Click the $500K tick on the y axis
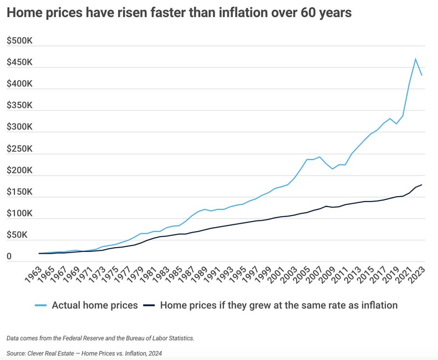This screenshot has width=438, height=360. click(19, 41)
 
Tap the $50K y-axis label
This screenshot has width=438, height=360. click(17, 235)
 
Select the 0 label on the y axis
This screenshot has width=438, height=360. click(9, 256)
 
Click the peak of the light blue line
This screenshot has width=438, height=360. click(415, 58)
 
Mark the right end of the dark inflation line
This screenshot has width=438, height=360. click(422, 184)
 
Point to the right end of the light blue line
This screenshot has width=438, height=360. click(422, 75)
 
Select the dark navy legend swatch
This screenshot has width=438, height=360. click(149, 305)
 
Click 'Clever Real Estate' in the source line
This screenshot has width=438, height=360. click(57, 353)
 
